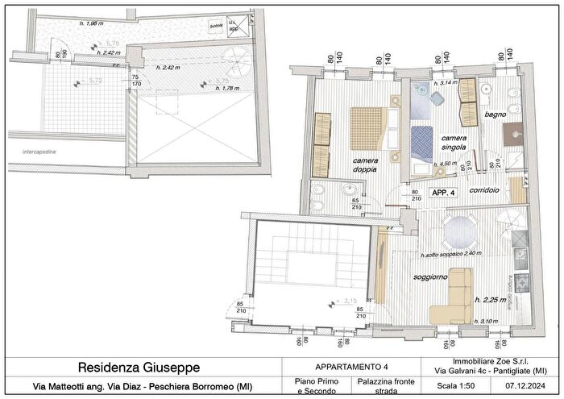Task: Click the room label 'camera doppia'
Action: click(366, 165)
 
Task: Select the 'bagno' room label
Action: click(496, 115)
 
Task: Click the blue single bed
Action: click(422, 143)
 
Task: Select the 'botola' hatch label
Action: click(216, 26)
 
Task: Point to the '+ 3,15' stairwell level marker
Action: click(344, 302)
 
